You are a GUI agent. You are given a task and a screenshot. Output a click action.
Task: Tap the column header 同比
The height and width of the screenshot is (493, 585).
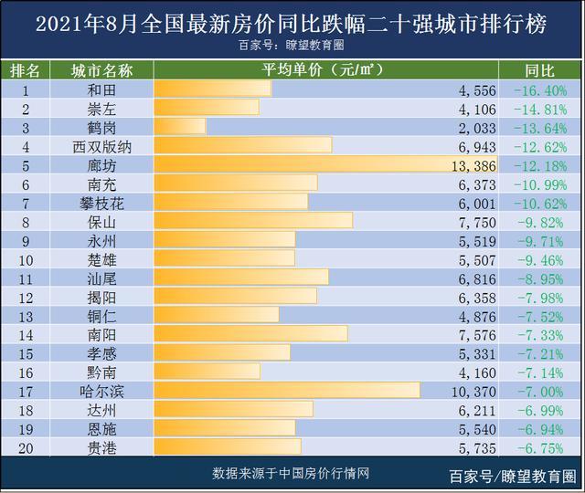tap(540, 70)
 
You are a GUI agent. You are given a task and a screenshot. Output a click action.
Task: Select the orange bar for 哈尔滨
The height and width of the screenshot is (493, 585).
tap(287, 390)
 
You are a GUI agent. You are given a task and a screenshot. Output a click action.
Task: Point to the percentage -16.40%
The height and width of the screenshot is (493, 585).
tap(540, 89)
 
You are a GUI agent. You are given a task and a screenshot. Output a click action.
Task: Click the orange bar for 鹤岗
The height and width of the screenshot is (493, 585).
tap(179, 127)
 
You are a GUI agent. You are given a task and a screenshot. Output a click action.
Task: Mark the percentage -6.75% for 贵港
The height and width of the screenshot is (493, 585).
tap(540, 446)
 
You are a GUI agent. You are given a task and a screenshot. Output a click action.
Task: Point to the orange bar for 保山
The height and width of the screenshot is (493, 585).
tap(253, 221)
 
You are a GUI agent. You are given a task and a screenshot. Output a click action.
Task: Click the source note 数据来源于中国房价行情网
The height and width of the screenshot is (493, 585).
tap(291, 473)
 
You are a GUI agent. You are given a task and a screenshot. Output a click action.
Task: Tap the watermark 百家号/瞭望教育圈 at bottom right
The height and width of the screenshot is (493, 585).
tap(512, 476)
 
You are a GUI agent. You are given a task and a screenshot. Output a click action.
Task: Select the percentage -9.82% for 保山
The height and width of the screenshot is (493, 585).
tap(540, 221)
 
